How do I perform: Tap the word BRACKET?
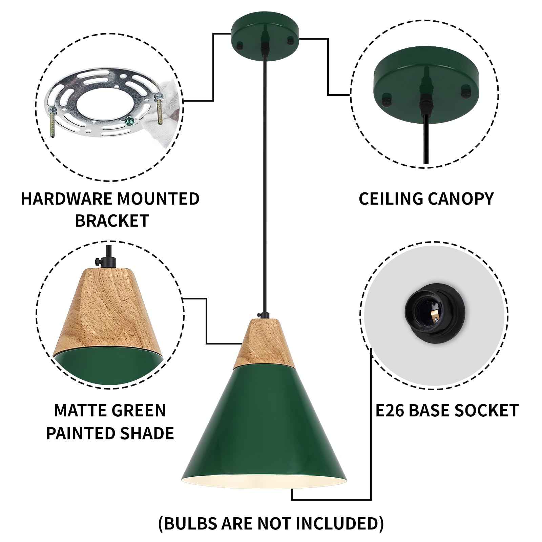click(112, 221)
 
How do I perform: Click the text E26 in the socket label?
click(390, 411)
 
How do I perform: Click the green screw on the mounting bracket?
click(128, 119)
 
